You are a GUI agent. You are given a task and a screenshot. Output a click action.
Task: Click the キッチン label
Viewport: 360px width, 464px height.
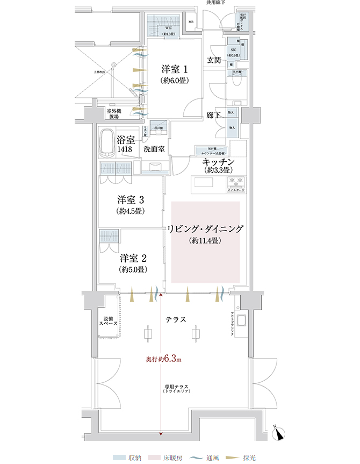click(217, 162)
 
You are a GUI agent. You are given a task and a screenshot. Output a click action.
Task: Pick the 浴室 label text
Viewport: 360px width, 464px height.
click(128, 139)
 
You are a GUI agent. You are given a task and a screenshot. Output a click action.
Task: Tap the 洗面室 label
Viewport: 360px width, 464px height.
click(154, 149)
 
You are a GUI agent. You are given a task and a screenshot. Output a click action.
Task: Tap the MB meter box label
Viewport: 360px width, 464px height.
click(190, 22)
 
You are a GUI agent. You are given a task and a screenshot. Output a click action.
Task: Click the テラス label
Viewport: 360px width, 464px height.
click(176, 319)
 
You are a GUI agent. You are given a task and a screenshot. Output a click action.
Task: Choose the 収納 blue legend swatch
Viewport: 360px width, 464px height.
click(119, 458)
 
